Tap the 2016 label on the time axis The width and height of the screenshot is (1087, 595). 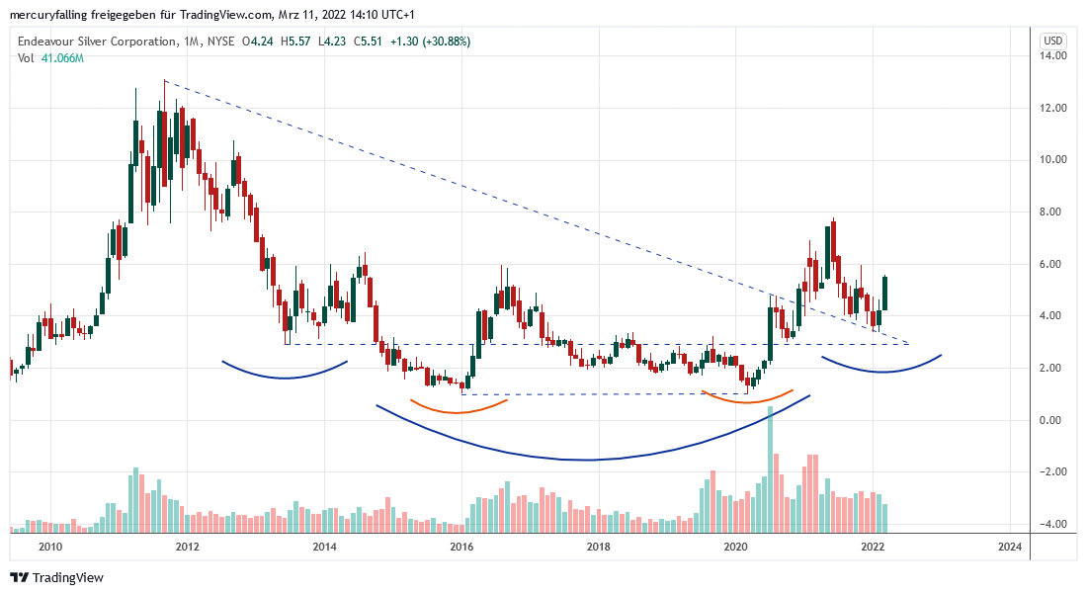coord(460,546)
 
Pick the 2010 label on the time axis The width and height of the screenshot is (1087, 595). coord(50,546)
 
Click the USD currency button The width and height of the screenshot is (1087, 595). coord(1053,41)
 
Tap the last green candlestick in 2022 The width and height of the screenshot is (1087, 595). coord(884,294)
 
